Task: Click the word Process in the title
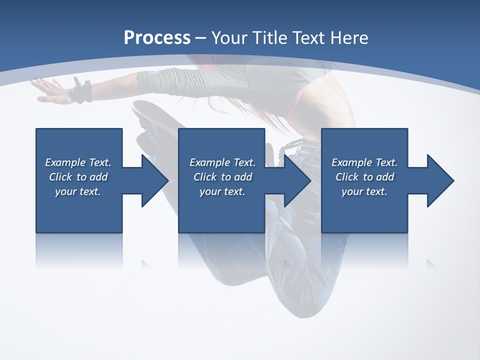pyautogui.click(x=157, y=37)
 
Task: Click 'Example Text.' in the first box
pyautogui.click(x=78, y=162)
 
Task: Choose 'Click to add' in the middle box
pyautogui.click(x=222, y=177)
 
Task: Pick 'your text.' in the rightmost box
pyautogui.click(x=364, y=191)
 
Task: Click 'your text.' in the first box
pyautogui.click(x=78, y=191)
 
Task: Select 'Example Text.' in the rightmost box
pyautogui.click(x=364, y=162)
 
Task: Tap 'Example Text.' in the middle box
pyautogui.click(x=222, y=162)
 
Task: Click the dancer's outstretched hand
pyautogui.click(x=47, y=90)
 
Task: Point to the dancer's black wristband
pyautogui.click(x=81, y=92)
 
